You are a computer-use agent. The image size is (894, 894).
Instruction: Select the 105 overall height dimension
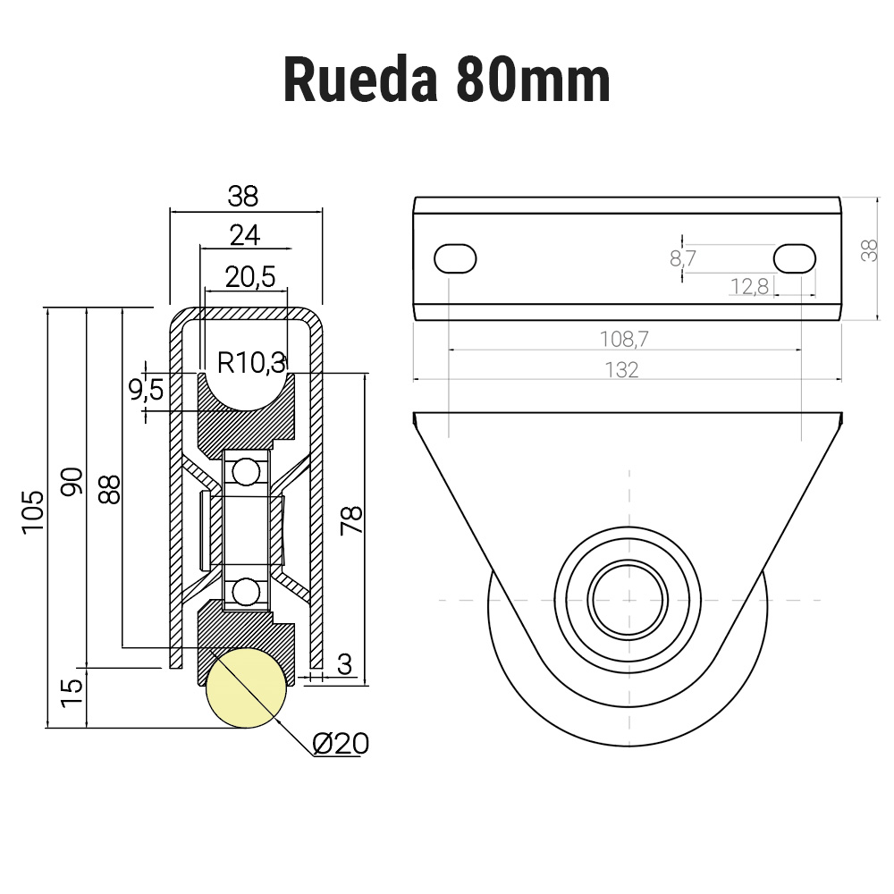(33, 511)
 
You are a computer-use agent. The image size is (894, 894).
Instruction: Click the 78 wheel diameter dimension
(351, 520)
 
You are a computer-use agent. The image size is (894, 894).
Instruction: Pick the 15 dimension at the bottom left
(72, 691)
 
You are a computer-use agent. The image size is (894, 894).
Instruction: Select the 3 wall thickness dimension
(344, 663)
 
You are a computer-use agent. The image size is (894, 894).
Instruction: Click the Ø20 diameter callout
(341, 743)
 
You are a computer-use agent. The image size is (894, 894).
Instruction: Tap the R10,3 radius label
(251, 362)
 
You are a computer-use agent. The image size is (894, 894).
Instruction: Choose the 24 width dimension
(244, 235)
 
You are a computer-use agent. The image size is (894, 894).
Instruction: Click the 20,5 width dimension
(250, 277)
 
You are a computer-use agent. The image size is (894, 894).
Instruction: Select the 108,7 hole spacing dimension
(623, 339)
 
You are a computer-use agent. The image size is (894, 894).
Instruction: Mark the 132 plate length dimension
(621, 369)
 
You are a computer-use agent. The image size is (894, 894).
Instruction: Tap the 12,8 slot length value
(748, 287)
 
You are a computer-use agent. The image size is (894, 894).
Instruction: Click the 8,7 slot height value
(682, 259)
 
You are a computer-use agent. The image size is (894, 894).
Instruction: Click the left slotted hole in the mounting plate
(455, 258)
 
